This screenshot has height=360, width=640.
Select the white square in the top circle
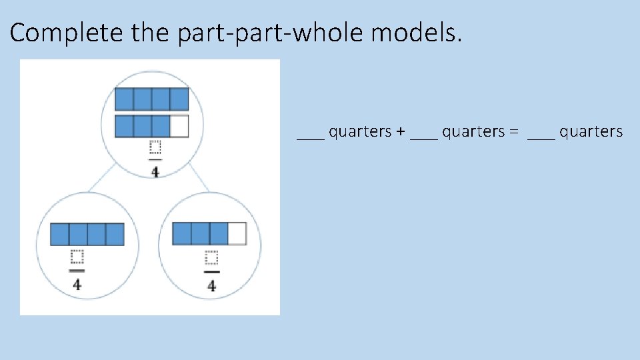point(179,126)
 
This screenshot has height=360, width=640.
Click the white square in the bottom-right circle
point(237,233)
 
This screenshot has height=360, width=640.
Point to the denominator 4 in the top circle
point(155,172)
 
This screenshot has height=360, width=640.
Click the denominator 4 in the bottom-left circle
point(77,284)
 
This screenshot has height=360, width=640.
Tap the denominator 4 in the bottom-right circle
point(211,286)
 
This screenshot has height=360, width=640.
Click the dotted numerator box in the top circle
point(155,149)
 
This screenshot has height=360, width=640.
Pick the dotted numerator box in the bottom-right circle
point(211,259)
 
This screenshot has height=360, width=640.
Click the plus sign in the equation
point(400,132)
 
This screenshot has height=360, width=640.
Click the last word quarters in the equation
point(591,132)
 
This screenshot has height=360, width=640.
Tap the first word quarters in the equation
point(361,132)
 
